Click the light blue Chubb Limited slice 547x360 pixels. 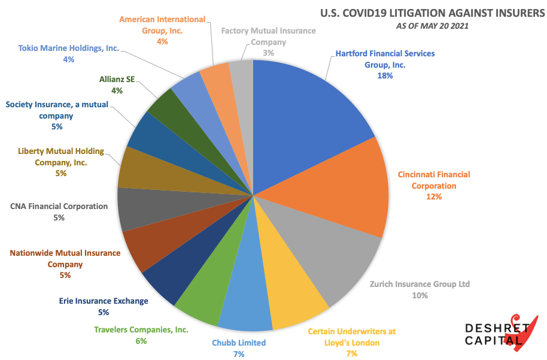coord(246,294)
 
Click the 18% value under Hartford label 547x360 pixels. coord(385,76)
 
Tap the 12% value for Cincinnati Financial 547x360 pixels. coord(434,196)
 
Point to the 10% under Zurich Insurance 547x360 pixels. coord(420,295)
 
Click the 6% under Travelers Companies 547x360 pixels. coord(141,341)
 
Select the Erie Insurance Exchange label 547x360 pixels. coord(104,301)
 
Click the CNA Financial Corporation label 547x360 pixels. coord(59,206)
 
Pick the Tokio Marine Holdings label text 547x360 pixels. coord(69,48)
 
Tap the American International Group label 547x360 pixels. coord(162,25)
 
